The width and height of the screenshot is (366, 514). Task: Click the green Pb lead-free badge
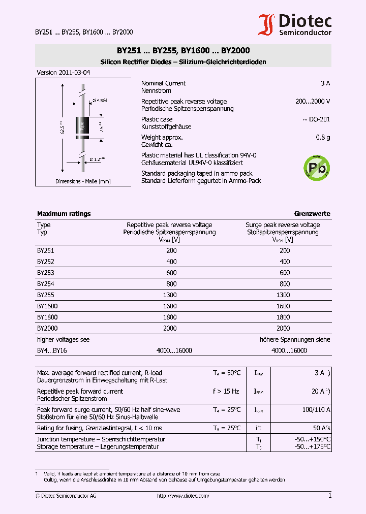point(316,167)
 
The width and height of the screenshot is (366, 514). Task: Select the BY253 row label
point(45,273)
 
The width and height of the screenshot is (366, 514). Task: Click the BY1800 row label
point(47,317)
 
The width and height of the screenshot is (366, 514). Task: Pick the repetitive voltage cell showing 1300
point(171,295)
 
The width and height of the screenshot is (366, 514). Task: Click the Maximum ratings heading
point(64,214)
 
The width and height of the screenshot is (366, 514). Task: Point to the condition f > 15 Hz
point(226,391)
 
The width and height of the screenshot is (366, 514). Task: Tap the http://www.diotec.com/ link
point(183,496)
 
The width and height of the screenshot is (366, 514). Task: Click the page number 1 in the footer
point(329,496)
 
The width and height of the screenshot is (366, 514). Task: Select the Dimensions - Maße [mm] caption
point(83,181)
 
